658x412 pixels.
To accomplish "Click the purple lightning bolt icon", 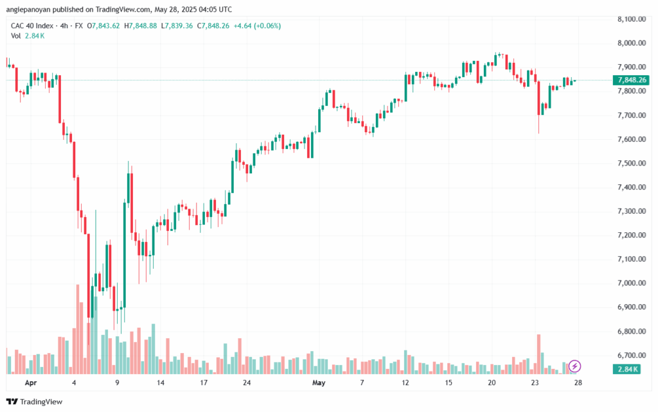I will pos(575,366).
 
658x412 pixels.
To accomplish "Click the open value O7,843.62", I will pos(103,26).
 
